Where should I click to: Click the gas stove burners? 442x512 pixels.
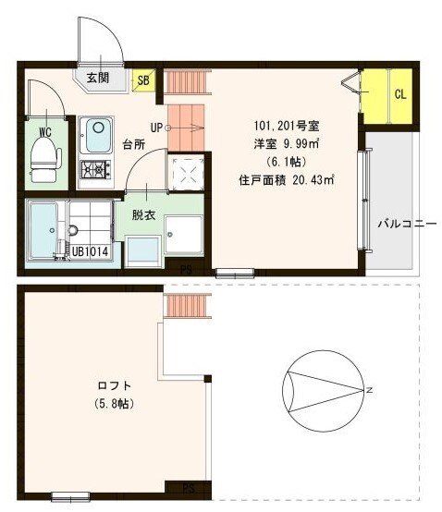[95, 170]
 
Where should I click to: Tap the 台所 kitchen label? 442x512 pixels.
[135, 145]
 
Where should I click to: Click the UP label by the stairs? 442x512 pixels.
[156, 128]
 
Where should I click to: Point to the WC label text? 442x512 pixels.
[44, 130]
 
